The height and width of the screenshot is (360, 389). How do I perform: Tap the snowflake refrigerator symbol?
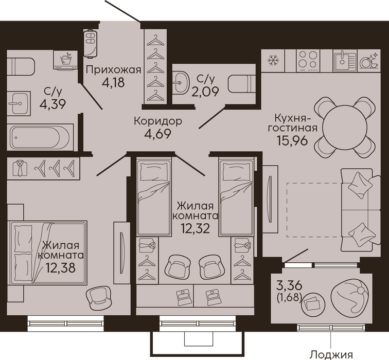[273, 61]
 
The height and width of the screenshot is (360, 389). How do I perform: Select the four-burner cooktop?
[308, 61]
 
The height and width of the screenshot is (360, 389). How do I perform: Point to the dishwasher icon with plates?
[368, 60]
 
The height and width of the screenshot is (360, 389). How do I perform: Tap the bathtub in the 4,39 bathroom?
[40, 137]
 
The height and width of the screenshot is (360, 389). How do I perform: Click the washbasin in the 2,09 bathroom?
[182, 83]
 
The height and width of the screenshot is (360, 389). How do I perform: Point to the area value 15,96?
[292, 140]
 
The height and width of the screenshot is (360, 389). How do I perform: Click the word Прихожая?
[113, 70]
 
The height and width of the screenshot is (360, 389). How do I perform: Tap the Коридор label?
[158, 121]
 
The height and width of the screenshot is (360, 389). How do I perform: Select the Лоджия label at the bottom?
[332, 354]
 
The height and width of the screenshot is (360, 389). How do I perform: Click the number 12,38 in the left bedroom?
[60, 268]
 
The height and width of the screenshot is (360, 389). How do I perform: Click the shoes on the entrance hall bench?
[90, 44]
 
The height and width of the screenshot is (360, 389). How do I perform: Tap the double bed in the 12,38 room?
[48, 253]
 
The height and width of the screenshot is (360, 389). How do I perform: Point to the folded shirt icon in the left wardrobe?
[19, 168]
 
